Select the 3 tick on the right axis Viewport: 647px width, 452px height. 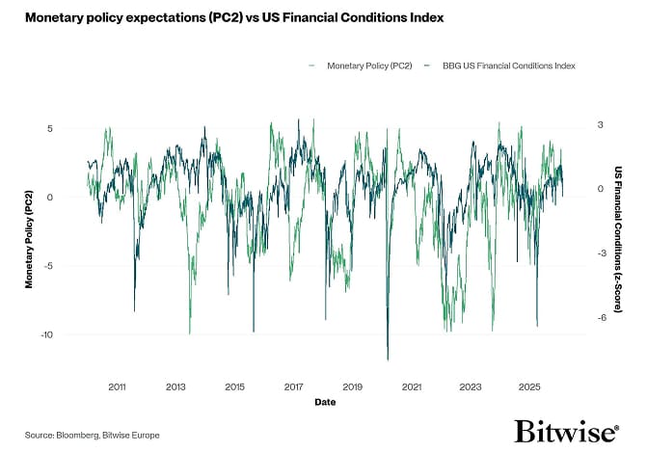(599, 125)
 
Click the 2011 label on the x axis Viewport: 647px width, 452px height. (117, 386)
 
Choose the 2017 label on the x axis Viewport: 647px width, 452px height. (293, 386)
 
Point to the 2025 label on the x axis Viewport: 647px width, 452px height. (529, 386)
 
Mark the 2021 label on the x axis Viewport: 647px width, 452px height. (411, 386)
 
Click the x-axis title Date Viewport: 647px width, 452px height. (324, 403)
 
